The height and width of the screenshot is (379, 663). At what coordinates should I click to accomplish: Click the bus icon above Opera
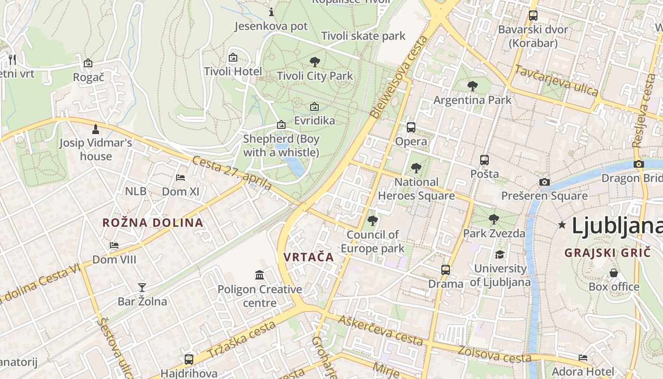[x=411, y=127]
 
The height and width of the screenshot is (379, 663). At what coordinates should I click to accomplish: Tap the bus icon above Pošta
[x=484, y=160]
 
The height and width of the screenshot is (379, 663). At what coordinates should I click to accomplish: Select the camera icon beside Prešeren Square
[x=545, y=182]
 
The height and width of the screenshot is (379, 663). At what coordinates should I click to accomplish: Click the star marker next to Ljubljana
[x=562, y=225]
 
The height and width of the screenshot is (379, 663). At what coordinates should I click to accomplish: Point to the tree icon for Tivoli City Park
[x=314, y=62]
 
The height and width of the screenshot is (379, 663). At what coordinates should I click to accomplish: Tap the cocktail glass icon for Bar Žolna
[x=142, y=287]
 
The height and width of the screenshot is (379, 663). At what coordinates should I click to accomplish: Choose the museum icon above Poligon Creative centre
[x=260, y=275]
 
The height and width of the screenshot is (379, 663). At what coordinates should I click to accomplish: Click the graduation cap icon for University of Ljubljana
[x=500, y=255]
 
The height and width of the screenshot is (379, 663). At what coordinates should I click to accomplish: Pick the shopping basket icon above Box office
[x=614, y=273]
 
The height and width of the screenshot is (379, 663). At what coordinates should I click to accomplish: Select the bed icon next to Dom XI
[x=180, y=178]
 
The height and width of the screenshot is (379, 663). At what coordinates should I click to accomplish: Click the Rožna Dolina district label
[x=152, y=223]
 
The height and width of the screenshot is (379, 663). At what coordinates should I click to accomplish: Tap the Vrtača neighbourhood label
[x=309, y=257]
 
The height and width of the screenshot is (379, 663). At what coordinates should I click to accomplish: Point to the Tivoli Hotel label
[x=233, y=71]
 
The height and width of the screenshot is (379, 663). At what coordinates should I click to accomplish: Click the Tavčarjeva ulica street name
[x=556, y=80]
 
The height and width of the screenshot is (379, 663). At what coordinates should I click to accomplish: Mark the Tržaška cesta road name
[x=242, y=340]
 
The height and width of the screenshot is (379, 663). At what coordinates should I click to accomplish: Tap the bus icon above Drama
[x=445, y=270]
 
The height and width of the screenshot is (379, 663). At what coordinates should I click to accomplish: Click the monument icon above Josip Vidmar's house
[x=96, y=129]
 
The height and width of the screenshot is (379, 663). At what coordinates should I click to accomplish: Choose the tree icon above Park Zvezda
[x=494, y=219]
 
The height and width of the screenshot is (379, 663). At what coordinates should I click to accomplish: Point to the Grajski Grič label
[x=608, y=253]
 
